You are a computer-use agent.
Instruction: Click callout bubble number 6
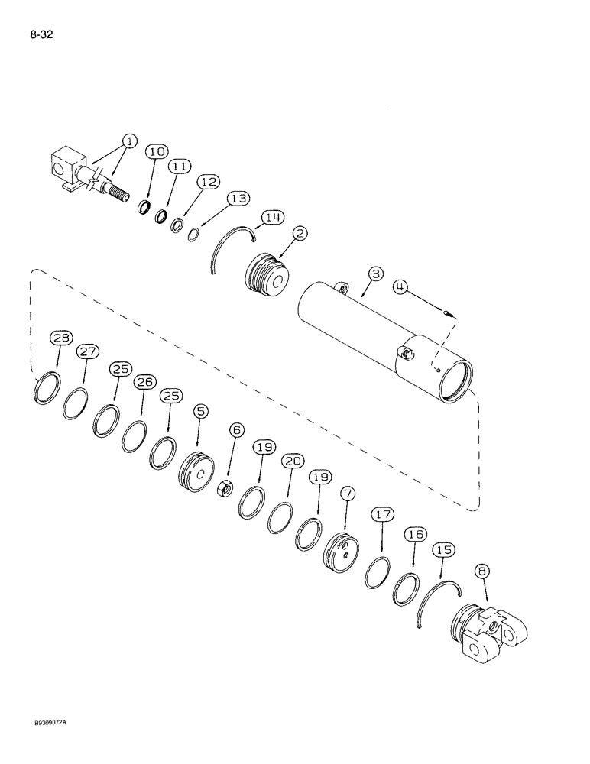pos(237,430)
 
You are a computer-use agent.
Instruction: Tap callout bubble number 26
pos(144,381)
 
